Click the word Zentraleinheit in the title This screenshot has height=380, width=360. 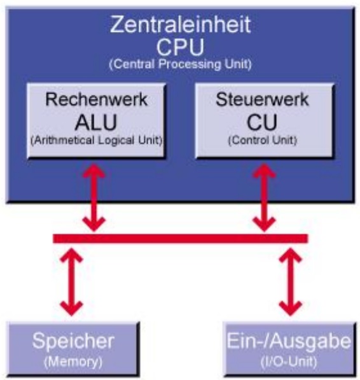pos(181,24)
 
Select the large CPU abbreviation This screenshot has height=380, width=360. pos(180,47)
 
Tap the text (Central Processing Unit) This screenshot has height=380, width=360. pos(181,64)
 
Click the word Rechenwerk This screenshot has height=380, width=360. pos(96,99)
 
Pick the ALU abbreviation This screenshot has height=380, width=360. pos(96,122)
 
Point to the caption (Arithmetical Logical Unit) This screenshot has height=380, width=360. pos(96,140)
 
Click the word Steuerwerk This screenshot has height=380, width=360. pos(262,99)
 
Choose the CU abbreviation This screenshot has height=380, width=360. pos(261,122)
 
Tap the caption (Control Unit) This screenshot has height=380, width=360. pos(263,140)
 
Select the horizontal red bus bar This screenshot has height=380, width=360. pos(181,239)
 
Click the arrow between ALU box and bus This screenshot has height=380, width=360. pos(94,197)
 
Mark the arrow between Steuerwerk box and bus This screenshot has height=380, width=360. pos(264,197)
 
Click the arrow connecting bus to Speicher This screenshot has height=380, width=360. pos(71,282)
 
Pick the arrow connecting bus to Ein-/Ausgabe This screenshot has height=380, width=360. pos(290,282)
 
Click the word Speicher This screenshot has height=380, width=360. pos(73,341)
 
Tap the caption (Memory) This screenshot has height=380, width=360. pos(73,362)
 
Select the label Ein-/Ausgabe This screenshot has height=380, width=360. pos(289,341)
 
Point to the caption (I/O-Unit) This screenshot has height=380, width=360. pos(289,362)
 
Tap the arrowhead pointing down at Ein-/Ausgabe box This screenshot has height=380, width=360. pos(290,309)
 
